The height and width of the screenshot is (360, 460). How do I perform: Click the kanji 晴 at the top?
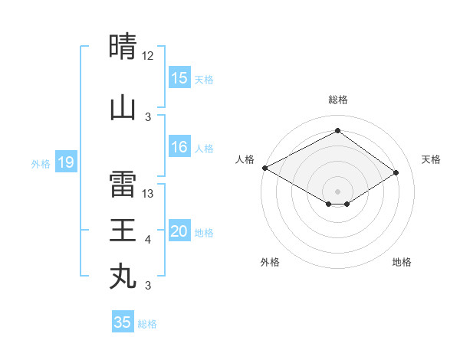tap(123, 47)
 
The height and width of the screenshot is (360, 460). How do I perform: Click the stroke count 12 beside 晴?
tap(148, 56)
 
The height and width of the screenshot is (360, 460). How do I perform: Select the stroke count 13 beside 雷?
tap(149, 194)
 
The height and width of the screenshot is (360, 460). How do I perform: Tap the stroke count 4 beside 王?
tap(148, 240)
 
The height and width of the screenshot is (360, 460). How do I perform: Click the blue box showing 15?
tap(179, 78)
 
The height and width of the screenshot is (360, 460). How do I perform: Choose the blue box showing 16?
tap(179, 148)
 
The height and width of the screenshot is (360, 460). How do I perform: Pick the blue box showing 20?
tap(179, 232)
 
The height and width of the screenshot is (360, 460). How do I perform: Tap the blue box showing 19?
tap(65, 162)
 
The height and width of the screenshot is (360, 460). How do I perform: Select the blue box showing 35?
tap(123, 322)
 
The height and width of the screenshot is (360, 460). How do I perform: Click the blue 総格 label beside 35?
tap(148, 324)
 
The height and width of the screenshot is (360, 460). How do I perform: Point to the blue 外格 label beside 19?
tap(41, 163)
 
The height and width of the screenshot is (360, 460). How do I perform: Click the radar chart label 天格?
tap(431, 159)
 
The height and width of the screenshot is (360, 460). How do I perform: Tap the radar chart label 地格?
tap(402, 263)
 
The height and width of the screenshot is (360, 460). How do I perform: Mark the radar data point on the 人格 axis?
tap(264, 168)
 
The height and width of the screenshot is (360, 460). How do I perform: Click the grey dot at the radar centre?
tap(337, 191)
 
